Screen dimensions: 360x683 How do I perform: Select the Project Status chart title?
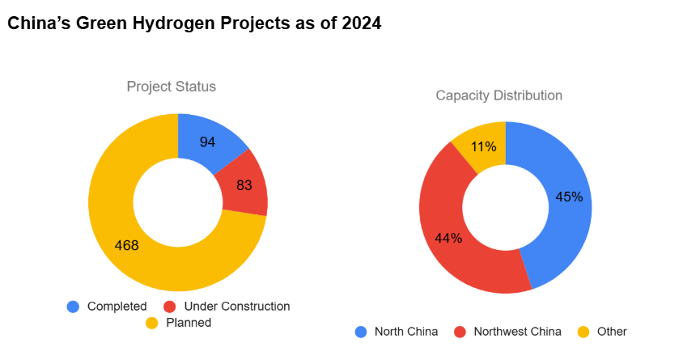(x=171, y=87)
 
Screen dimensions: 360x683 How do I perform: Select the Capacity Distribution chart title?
(x=498, y=95)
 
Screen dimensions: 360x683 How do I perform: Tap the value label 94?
(x=207, y=142)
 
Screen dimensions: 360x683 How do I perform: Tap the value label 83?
(x=244, y=185)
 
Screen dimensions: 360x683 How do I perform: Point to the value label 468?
(x=126, y=246)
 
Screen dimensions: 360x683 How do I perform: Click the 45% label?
(x=569, y=197)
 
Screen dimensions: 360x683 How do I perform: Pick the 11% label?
(x=483, y=147)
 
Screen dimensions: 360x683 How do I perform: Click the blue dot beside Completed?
(x=73, y=307)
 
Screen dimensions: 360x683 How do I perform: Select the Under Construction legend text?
(x=236, y=307)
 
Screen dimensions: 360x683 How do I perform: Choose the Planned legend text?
(x=189, y=323)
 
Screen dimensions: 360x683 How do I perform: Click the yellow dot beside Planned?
(x=151, y=323)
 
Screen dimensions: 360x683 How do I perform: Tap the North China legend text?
(x=406, y=332)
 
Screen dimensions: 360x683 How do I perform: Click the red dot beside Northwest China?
(x=460, y=332)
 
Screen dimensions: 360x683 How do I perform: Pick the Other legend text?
(x=612, y=332)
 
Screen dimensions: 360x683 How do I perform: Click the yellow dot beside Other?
(x=583, y=332)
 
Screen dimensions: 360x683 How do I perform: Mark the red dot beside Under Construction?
(x=170, y=307)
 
